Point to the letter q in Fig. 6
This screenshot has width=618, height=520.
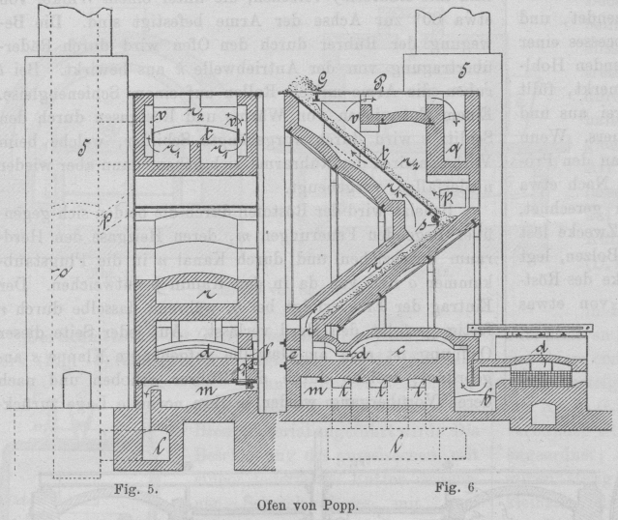pyautogui.click(x=454, y=147)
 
